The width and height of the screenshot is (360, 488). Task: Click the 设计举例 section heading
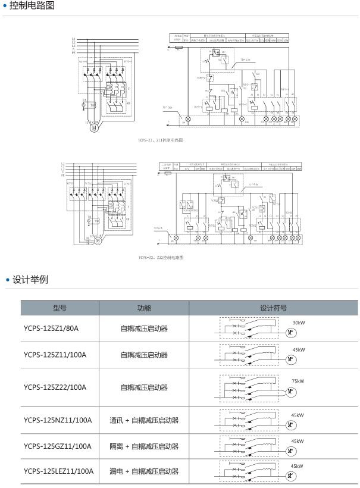30,279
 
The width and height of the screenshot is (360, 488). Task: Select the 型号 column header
59,308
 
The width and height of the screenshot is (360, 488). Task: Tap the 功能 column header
144,308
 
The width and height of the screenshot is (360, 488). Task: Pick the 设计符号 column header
274,308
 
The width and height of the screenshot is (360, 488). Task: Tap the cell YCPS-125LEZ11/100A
59,471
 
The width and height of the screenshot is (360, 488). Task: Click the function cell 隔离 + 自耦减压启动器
144,446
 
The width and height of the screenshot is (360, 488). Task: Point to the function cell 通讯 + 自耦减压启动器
144,420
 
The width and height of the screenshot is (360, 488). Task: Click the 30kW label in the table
298,323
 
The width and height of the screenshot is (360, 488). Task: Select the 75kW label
298,381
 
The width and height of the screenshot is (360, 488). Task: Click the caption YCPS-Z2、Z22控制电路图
160,258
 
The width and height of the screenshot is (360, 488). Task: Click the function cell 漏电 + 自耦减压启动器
144,471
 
